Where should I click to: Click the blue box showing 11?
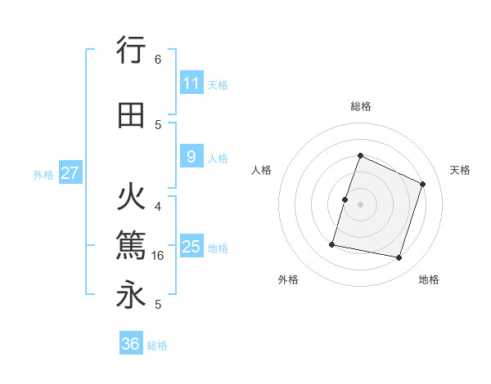[x=191, y=83]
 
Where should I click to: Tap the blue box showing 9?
[x=191, y=157]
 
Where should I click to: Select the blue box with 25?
[x=191, y=247]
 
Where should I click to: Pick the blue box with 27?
[x=70, y=173]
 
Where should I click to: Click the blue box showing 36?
[x=131, y=344]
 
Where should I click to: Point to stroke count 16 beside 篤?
[x=159, y=256]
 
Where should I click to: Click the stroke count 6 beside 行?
[x=158, y=60]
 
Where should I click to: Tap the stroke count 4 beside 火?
[x=158, y=206]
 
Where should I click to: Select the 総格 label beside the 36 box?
[x=157, y=346]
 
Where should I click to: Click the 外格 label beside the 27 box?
[x=43, y=174]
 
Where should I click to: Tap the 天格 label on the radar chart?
[x=460, y=170]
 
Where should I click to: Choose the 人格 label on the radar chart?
[x=262, y=170]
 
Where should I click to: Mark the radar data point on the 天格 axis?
[x=423, y=184]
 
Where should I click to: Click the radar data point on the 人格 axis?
[x=345, y=199]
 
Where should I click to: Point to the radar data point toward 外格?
[x=332, y=244]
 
